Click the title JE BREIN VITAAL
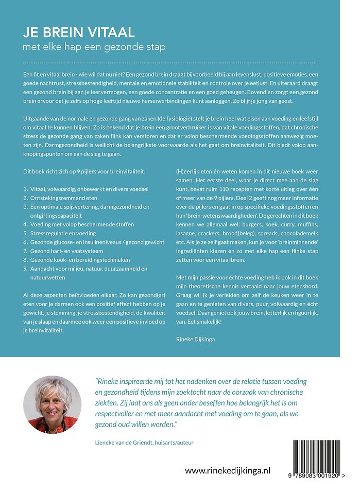coord(78,33)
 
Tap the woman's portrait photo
coord(52,404)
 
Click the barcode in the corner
coord(319,456)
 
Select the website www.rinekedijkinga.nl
coord(228,470)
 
